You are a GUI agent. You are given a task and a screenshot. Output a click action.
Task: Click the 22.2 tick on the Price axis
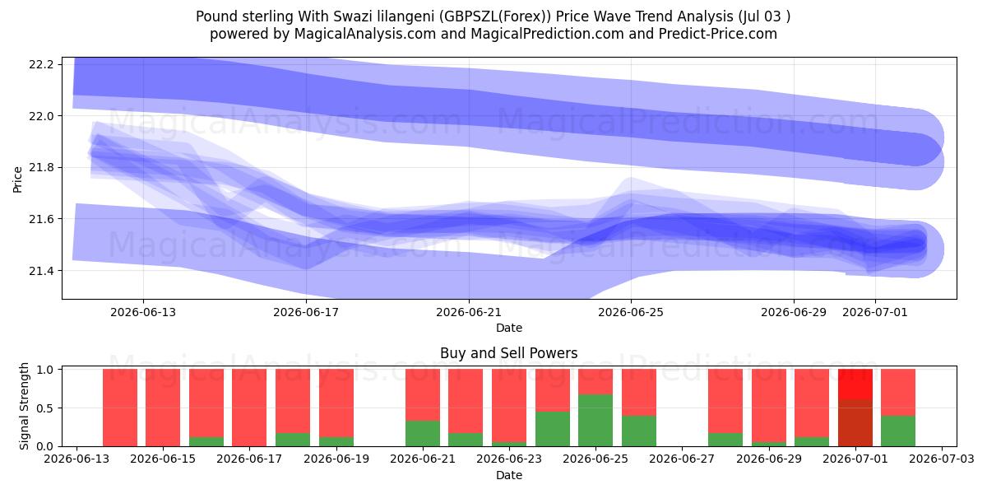click(41, 64)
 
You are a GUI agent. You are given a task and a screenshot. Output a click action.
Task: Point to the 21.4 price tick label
click(41, 271)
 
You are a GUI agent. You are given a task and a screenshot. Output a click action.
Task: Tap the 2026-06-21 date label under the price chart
click(469, 312)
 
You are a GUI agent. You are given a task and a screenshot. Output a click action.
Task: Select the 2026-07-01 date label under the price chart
click(875, 312)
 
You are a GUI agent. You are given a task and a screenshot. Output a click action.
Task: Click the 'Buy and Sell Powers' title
click(509, 353)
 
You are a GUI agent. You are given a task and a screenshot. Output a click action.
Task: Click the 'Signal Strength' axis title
click(24, 406)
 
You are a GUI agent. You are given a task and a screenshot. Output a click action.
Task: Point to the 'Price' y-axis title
click(17, 179)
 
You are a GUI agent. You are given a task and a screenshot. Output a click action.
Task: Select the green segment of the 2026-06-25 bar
click(595, 421)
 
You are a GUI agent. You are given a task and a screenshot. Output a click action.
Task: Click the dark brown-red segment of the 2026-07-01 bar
click(855, 423)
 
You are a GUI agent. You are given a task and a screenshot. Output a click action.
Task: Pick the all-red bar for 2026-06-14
click(120, 408)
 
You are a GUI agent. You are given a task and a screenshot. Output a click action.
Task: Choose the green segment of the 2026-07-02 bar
click(898, 431)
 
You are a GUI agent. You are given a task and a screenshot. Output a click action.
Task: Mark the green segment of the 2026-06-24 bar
click(553, 429)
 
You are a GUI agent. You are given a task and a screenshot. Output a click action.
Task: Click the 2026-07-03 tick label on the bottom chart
click(942, 459)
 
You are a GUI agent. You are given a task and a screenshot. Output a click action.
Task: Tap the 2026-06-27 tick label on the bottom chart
click(682, 459)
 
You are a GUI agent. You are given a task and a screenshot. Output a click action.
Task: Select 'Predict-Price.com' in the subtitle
click(718, 34)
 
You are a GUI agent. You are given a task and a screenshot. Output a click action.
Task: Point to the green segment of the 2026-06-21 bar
click(423, 434)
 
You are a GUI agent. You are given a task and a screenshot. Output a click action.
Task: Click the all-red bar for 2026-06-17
click(249, 408)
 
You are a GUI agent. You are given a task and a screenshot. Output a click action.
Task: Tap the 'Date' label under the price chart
click(509, 328)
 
